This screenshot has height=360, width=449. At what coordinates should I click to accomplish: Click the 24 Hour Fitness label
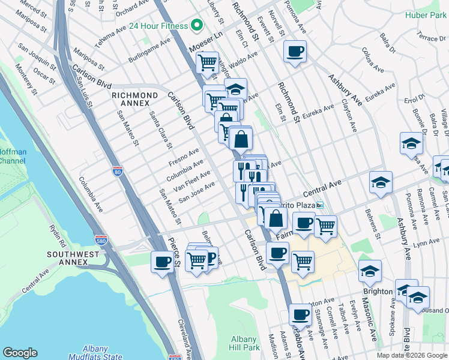pyautogui.click(x=158, y=26)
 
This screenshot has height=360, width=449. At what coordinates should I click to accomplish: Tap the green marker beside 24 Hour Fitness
pyautogui.click(x=196, y=26)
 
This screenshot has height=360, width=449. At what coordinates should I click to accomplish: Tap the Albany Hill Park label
pyautogui.click(x=244, y=343)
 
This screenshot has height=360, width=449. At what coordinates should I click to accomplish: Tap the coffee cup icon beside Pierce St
pyautogui.click(x=163, y=262)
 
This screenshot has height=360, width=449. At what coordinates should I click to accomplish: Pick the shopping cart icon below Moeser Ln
pyautogui.click(x=208, y=62)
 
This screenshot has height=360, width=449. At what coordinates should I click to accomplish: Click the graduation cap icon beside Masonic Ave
pyautogui.click(x=370, y=271)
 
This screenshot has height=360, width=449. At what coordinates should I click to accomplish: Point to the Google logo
pyautogui.click(x=20, y=353)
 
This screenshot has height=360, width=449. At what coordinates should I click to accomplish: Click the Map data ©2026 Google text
pyautogui.click(x=412, y=355)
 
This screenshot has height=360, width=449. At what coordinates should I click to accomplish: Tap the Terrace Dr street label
pyautogui.click(x=433, y=38)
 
